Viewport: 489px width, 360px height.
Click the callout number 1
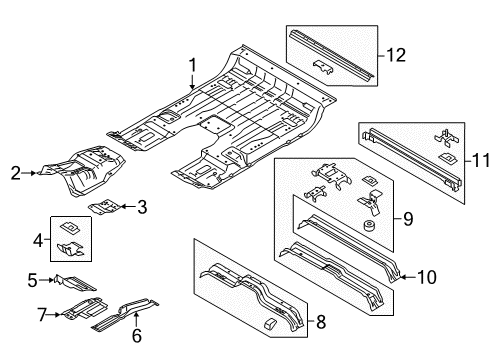[193, 65]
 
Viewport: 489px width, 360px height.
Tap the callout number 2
[16, 173]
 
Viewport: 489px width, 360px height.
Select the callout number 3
[142, 207]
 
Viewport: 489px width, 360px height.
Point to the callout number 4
[38, 240]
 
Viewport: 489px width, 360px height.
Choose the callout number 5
[32, 280]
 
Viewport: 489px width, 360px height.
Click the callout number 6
[137, 335]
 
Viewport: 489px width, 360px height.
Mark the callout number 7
[42, 315]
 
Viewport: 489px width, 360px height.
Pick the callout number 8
[321, 322]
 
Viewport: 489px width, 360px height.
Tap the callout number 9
[408, 219]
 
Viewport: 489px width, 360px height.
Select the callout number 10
[427, 277]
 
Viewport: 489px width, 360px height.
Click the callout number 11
[480, 161]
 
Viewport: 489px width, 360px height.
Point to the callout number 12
[396, 55]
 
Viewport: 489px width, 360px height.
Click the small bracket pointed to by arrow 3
[104, 206]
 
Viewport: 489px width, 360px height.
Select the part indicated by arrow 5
[75, 283]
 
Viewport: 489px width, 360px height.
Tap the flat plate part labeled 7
[85, 309]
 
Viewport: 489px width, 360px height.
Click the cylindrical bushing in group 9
[369, 226]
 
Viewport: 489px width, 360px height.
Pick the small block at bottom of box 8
[269, 324]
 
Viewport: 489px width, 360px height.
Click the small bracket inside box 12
[323, 67]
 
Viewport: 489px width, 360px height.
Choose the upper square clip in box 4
[70, 228]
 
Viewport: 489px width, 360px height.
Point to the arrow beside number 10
[408, 277]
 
